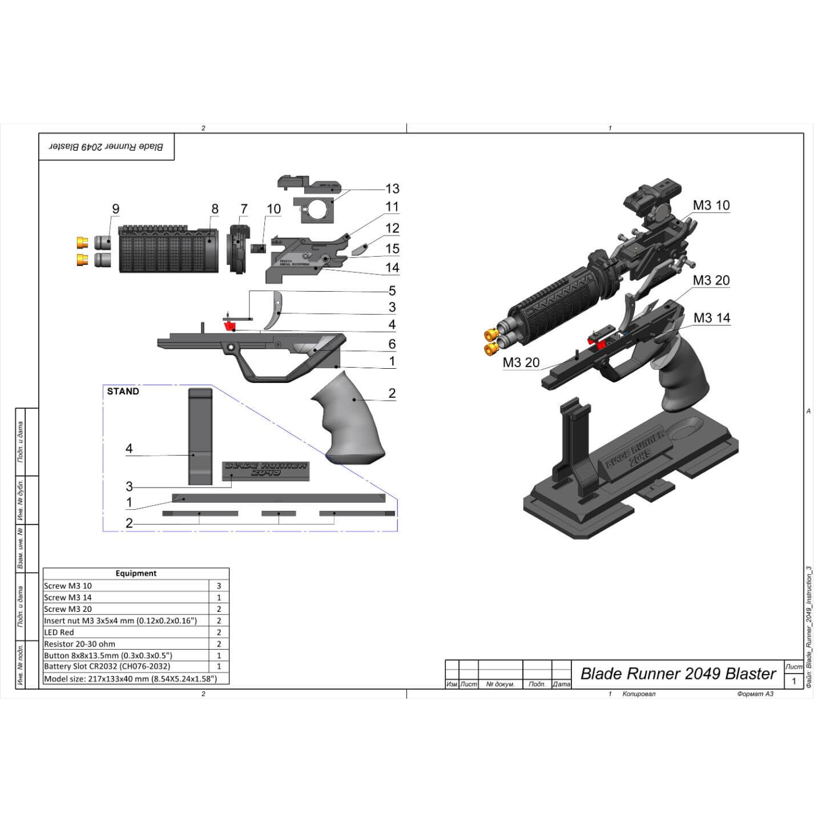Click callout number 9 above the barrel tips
tap(116, 209)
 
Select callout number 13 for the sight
tap(392, 188)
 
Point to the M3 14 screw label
tap(711, 318)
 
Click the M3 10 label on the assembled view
tap(711, 205)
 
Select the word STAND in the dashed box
tap(123, 391)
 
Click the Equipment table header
tap(136, 573)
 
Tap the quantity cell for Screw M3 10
tap(219, 586)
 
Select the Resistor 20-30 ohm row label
tap(79, 643)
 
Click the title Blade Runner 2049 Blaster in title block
tap(678, 674)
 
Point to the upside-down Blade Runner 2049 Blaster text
tap(106, 147)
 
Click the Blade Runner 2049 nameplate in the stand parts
tap(265, 469)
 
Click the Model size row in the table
tap(130, 679)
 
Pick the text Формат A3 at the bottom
tap(755, 694)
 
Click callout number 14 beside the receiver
tap(392, 267)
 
